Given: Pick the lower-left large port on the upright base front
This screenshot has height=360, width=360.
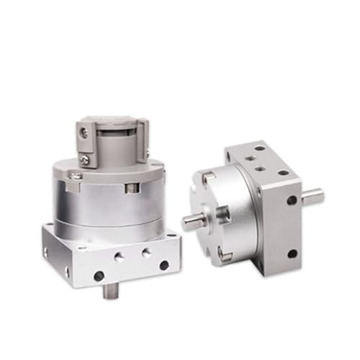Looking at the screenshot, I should (x=99, y=275).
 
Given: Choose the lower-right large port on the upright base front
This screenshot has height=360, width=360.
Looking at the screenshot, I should (x=163, y=264).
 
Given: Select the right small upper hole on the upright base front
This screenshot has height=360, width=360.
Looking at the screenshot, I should (x=147, y=251).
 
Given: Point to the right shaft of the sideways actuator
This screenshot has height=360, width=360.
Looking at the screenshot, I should (x=314, y=192).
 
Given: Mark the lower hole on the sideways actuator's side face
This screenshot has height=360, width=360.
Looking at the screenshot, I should (x=292, y=253).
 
